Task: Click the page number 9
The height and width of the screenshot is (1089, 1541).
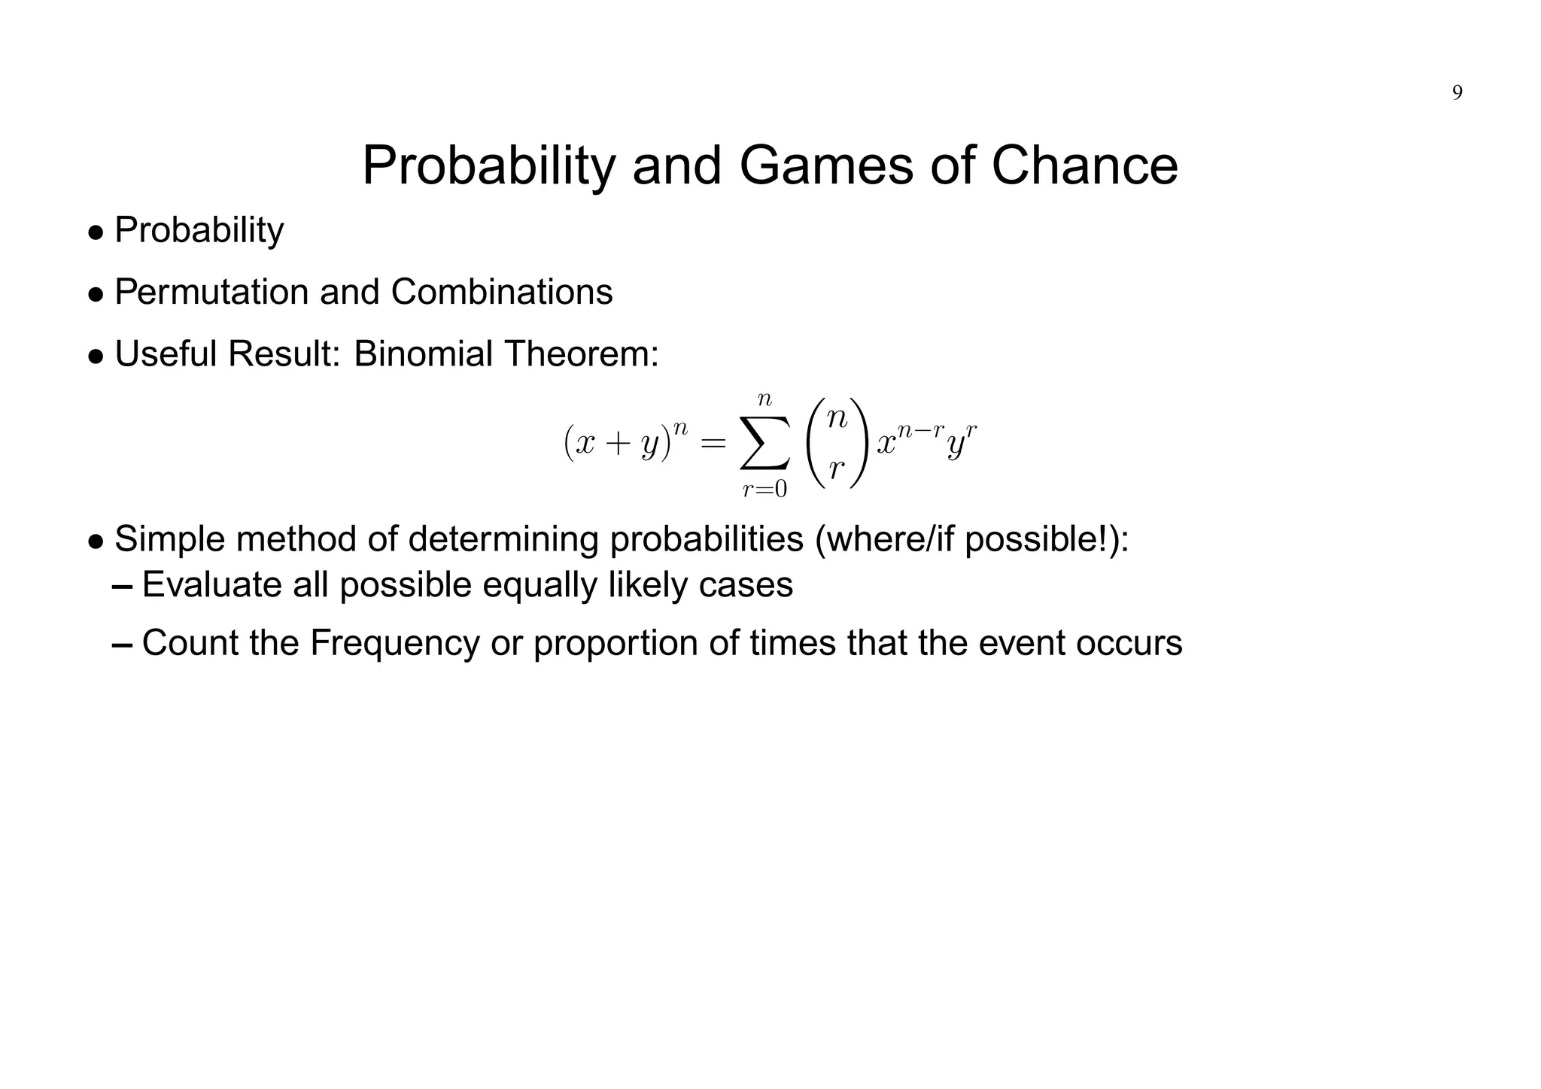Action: click(x=1457, y=93)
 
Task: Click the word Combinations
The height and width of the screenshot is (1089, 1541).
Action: click(x=501, y=292)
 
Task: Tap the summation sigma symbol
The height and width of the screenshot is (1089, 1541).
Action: click(x=764, y=444)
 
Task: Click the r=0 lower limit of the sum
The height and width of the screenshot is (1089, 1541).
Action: click(x=764, y=490)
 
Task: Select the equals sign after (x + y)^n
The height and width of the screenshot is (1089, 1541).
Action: click(x=713, y=444)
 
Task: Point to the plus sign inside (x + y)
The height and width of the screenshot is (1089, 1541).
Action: click(x=615, y=444)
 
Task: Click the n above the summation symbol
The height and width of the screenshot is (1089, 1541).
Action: click(x=764, y=401)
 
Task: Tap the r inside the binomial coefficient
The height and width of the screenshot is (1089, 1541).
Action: click(x=836, y=469)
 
